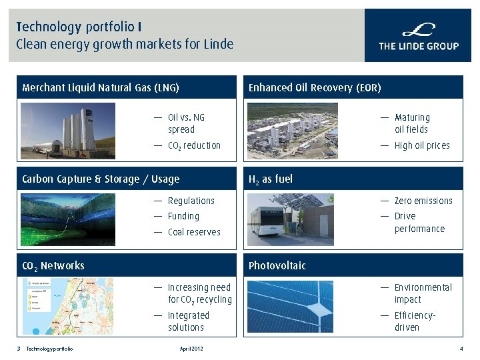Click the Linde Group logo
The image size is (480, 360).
pyautogui.click(x=418, y=36)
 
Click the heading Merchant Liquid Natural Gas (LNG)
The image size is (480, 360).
pyautogui.click(x=101, y=87)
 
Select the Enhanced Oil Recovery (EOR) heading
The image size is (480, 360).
pyautogui.click(x=315, y=87)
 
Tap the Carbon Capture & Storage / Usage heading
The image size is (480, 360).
pyautogui.click(x=101, y=179)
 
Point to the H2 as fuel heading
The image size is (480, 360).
pyautogui.click(x=270, y=179)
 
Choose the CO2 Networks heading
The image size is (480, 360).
pyautogui.click(x=53, y=265)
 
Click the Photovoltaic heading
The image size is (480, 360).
pyautogui.click(x=277, y=265)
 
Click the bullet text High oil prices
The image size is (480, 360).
pyautogui.click(x=422, y=145)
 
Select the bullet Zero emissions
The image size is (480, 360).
pyautogui.click(x=423, y=201)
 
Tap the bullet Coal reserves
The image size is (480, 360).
pyautogui.click(x=194, y=232)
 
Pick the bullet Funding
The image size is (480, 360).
pyautogui.click(x=183, y=216)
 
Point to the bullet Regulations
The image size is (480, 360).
pyautogui.click(x=191, y=201)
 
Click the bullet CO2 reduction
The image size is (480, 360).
pyautogui.click(x=194, y=145)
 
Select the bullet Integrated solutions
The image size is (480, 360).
pyautogui.click(x=189, y=321)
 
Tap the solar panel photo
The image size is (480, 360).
pyautogui.click(x=290, y=307)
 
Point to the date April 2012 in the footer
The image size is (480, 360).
pyautogui.click(x=191, y=349)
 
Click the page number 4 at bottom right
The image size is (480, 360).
pyautogui.click(x=461, y=349)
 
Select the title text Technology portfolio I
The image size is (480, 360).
pyautogui.click(x=79, y=27)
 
